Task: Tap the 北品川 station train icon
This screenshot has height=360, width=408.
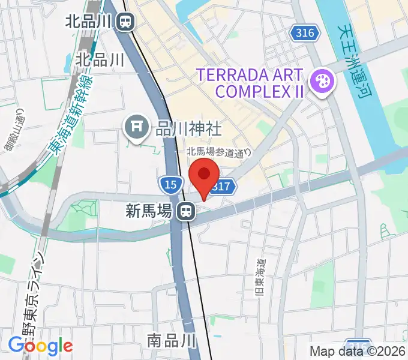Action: [x=126, y=22]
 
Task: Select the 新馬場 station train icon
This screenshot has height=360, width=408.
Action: [x=186, y=211]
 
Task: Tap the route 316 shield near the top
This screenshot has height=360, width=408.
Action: [x=305, y=33]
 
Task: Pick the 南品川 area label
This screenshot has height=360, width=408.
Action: [x=172, y=341]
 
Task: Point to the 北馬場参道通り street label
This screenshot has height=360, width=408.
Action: [x=218, y=152]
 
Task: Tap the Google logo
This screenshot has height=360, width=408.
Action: [x=40, y=346]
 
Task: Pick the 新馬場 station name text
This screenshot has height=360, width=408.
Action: [x=149, y=211]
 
